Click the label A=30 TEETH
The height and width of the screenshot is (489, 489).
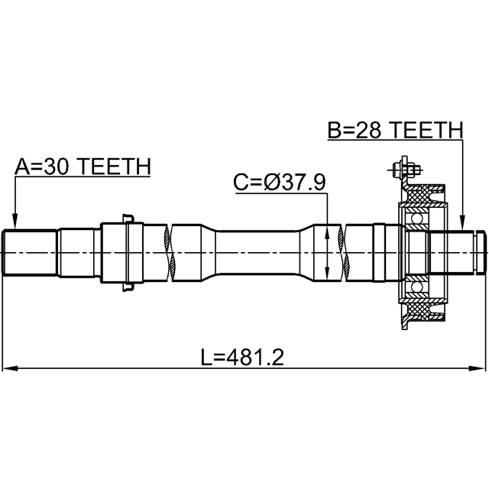83,167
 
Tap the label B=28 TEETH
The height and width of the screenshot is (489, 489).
396,130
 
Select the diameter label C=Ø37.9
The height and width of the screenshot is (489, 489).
280,183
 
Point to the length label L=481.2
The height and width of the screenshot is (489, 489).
242,358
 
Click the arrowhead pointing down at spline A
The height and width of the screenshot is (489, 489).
15,222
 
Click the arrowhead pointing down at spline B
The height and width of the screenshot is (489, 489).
463,222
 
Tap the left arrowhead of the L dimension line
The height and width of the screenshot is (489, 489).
9,368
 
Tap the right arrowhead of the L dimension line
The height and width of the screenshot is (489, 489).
478,368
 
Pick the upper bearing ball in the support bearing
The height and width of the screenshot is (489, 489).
416,218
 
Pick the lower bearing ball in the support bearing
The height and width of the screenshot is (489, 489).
416,287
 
